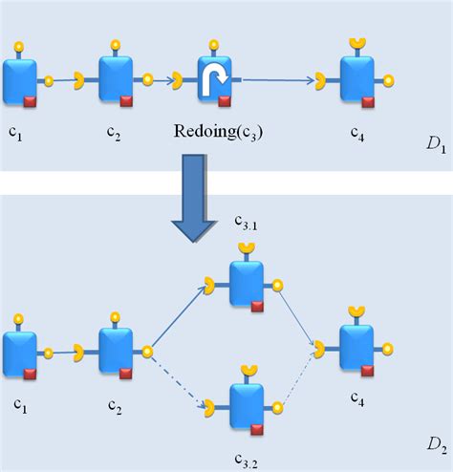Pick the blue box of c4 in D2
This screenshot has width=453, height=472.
tap(356, 346)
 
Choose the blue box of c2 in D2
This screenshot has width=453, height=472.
tap(116, 349)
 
